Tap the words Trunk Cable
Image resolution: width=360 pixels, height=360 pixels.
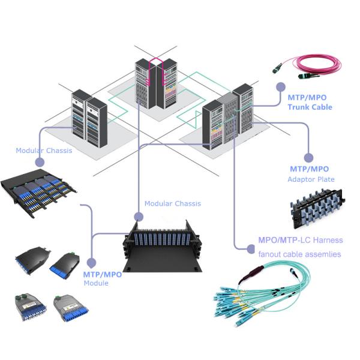(310, 107)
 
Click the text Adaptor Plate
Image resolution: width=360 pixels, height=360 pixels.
(311, 179)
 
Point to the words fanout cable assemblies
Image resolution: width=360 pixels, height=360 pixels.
(299, 254)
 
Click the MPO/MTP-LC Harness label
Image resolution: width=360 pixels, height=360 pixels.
(300, 241)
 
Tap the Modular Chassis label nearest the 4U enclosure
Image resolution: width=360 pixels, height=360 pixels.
(173, 204)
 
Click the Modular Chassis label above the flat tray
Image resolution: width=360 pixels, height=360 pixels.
(44, 151)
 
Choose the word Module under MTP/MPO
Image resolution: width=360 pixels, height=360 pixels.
(96, 283)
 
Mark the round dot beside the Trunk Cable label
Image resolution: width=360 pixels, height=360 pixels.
(280, 87)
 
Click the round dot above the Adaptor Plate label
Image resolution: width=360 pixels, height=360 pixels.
(308, 157)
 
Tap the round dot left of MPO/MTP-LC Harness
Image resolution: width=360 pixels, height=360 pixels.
(252, 247)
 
